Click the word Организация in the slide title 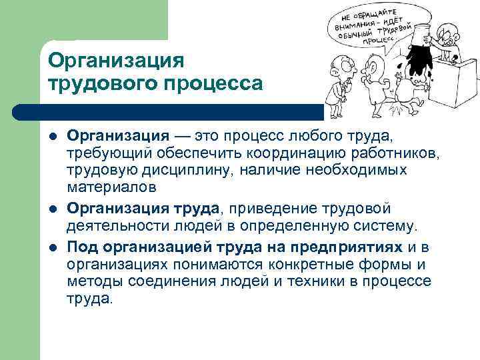tap(115, 61)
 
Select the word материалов tap(112, 191)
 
